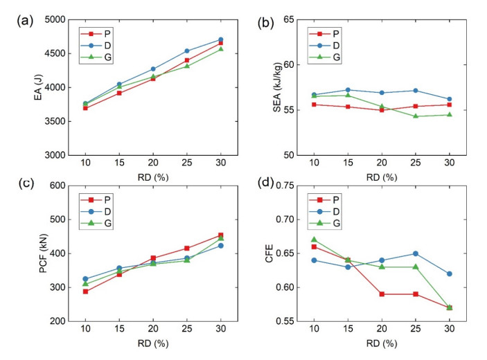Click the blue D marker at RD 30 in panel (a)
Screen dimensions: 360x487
(220, 39)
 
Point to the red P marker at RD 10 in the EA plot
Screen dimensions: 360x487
(85, 108)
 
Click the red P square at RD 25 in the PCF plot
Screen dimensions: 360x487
(186, 248)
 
